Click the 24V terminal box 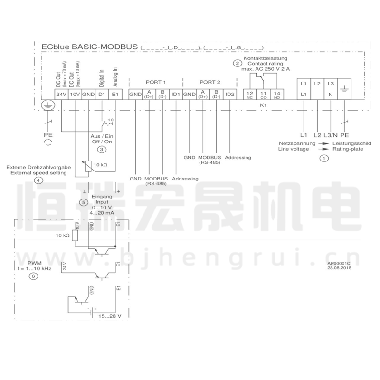[x=61, y=95]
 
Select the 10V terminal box [x=75, y=95]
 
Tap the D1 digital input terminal [x=101, y=95]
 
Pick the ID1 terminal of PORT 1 [x=176, y=94]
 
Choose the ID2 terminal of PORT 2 [x=230, y=94]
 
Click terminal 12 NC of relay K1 [x=250, y=94]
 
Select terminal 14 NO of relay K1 [x=277, y=94]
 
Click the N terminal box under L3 [x=331, y=95]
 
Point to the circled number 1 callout [x=324, y=159]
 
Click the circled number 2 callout [x=237, y=63]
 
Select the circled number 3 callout [x=102, y=150]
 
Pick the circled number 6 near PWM [x=33, y=276]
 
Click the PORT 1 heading [x=155, y=82]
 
